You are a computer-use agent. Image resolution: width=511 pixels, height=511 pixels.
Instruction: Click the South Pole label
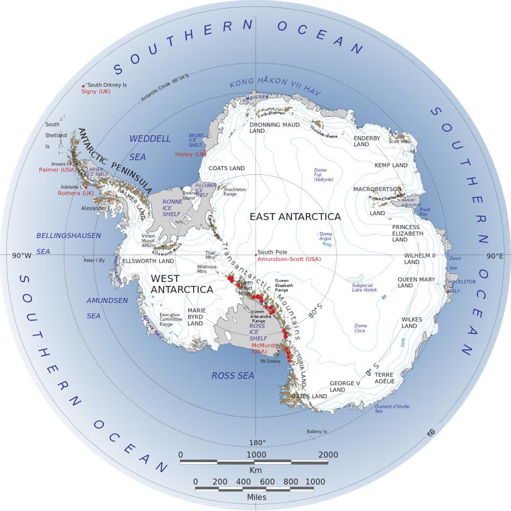[272, 252]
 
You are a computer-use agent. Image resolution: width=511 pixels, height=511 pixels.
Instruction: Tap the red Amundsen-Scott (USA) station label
[289, 259]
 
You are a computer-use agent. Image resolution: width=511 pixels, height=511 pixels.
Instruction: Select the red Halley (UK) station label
[190, 154]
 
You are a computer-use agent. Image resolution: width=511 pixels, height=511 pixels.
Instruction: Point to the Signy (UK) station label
[96, 91]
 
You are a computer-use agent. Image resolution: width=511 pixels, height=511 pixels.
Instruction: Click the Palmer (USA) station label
[58, 170]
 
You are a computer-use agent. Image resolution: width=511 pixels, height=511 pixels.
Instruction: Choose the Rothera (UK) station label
[76, 193]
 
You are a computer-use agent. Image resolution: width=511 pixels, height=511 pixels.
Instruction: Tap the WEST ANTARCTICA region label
[182, 284]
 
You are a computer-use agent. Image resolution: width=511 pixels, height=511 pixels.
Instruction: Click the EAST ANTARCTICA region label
[295, 217]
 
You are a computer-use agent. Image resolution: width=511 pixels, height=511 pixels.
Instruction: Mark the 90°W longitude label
[22, 256]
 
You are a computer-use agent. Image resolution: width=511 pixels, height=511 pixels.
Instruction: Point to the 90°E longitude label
[495, 256]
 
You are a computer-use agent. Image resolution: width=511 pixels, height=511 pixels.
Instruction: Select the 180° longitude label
[257, 443]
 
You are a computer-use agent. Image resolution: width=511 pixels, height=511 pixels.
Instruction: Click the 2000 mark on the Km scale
[328, 455]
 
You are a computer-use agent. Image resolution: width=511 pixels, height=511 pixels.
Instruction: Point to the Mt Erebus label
[271, 361]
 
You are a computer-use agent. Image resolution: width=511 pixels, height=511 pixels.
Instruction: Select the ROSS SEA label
[232, 376]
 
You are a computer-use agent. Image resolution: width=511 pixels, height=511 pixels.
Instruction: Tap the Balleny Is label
[317, 431]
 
